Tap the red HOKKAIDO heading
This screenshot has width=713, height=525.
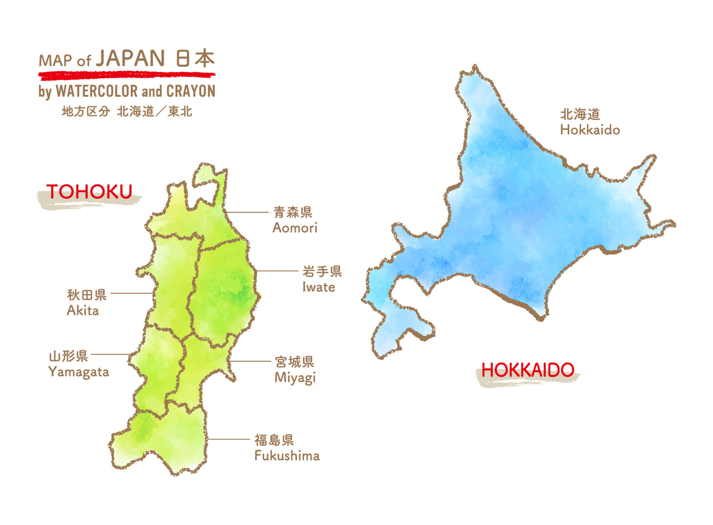click(x=528, y=370)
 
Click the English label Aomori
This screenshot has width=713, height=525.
click(x=295, y=228)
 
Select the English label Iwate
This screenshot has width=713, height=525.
click(x=319, y=287)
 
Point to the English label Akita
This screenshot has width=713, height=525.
click(x=83, y=311)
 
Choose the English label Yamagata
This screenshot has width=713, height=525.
click(x=79, y=372)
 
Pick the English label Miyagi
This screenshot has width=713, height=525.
click(x=295, y=377)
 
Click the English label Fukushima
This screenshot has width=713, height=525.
click(x=287, y=456)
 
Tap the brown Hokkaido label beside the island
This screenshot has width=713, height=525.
click(x=590, y=130)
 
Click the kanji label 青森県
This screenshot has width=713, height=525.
click(x=293, y=212)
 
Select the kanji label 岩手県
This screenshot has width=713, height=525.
click(x=322, y=272)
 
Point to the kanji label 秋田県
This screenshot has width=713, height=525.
click(x=87, y=295)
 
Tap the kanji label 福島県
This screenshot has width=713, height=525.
click(x=274, y=440)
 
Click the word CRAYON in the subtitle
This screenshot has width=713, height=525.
click(x=191, y=91)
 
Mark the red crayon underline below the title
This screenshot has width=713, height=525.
click(x=126, y=76)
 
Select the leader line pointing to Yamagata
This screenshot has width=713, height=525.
click(x=111, y=354)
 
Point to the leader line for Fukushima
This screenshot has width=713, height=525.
click(x=228, y=439)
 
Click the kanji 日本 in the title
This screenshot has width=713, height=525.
click(x=195, y=59)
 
